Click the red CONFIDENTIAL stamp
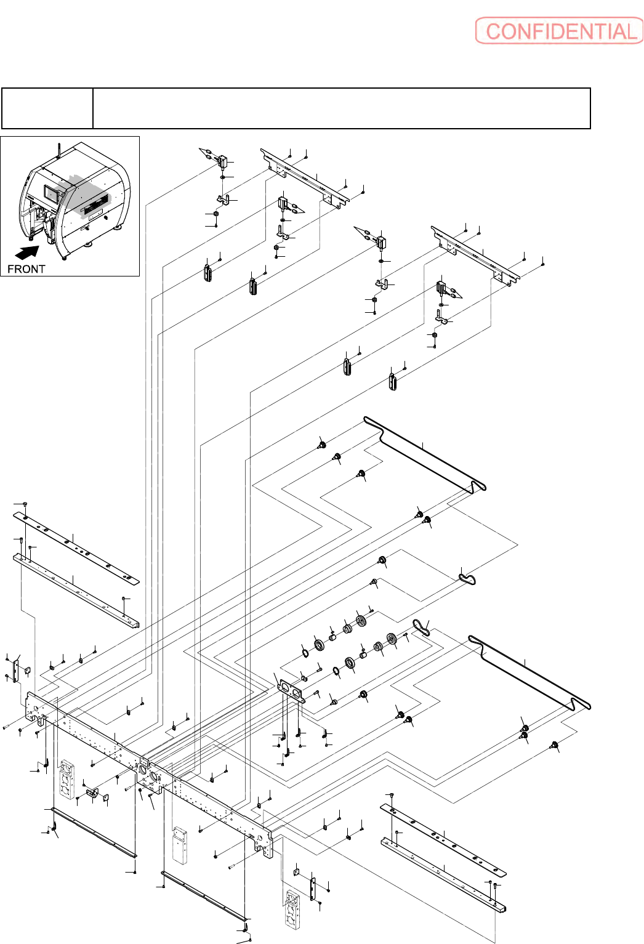[x=559, y=31]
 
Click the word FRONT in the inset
[x=26, y=269]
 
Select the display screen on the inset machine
[x=54, y=194]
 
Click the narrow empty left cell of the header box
[x=47, y=108]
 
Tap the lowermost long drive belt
[x=529, y=672]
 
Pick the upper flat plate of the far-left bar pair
[x=76, y=548]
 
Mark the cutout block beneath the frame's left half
[x=68, y=779]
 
